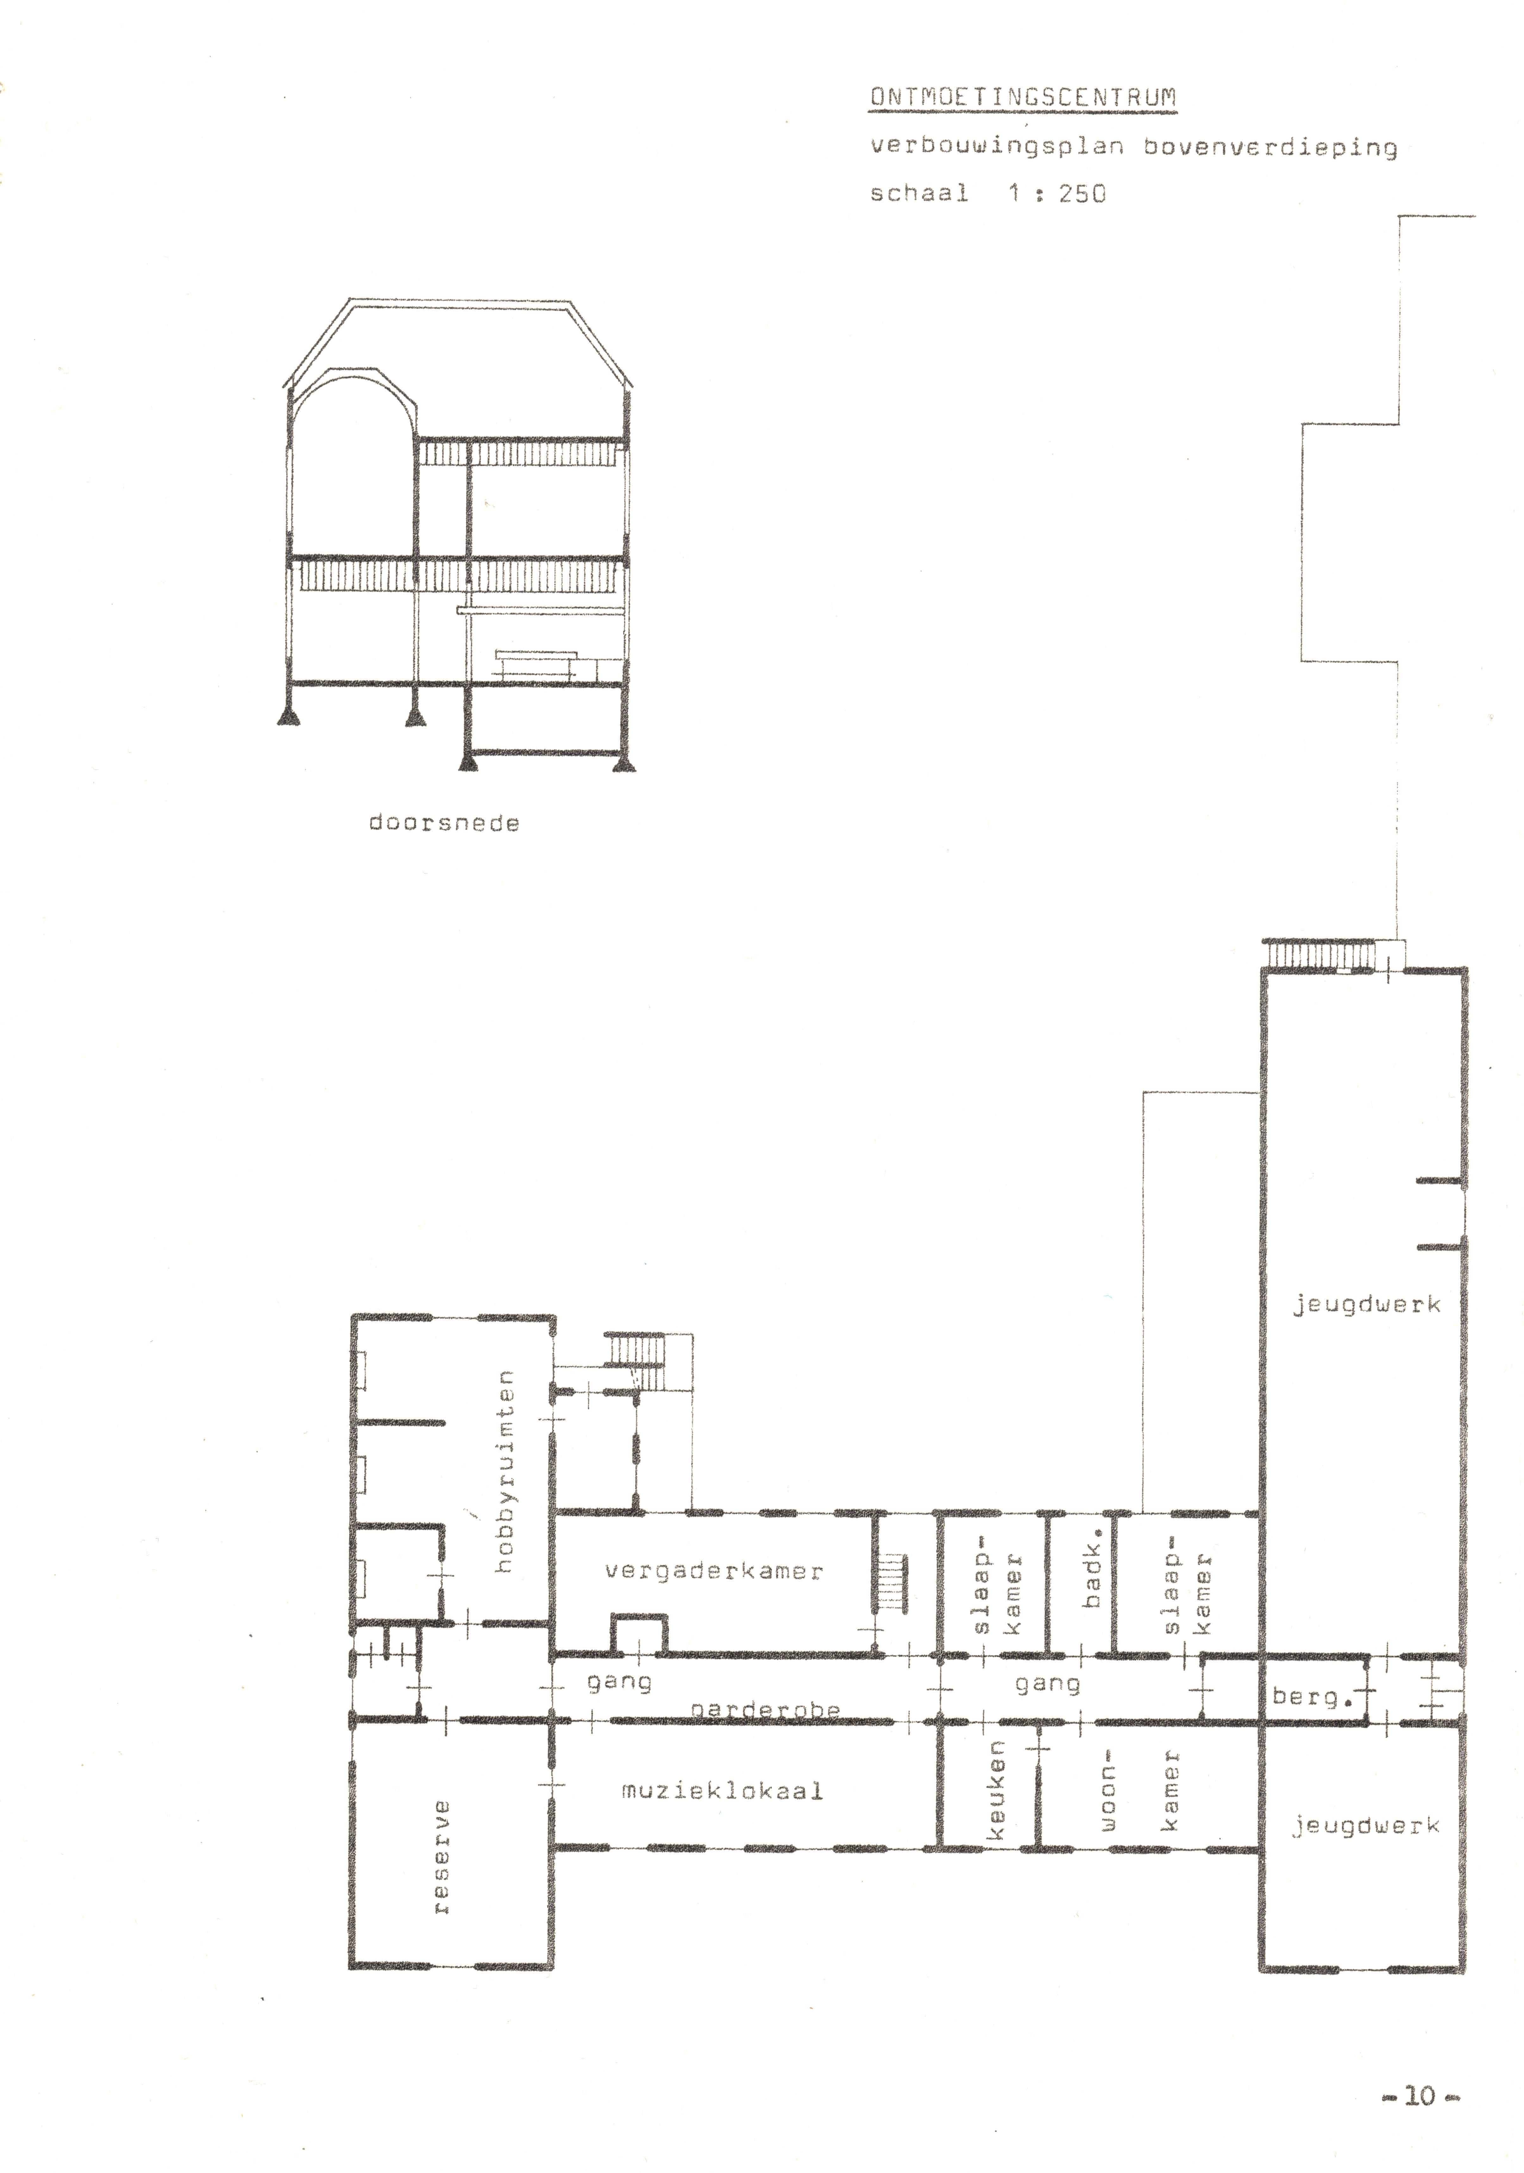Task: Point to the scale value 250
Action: (x=1082, y=194)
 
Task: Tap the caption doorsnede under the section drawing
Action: (x=444, y=823)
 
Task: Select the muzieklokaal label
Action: (x=722, y=1791)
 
